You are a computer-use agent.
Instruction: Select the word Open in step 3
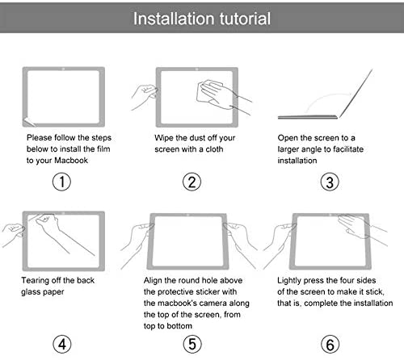(x=288, y=138)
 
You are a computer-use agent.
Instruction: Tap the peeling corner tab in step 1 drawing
(x=30, y=121)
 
